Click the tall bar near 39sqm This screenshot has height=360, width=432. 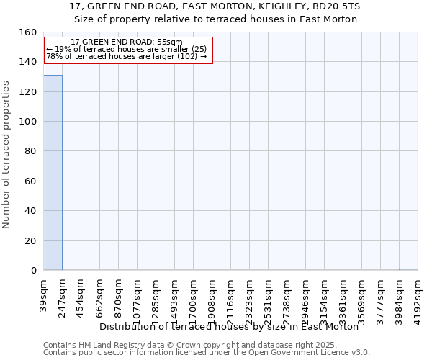pyautogui.click(x=53, y=173)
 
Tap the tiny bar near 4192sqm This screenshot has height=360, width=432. pyautogui.click(x=408, y=269)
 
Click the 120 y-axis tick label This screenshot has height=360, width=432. pyautogui.click(x=27, y=92)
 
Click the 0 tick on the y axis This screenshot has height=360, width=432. pyautogui.click(x=33, y=271)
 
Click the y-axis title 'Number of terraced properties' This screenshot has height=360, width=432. pyautogui.click(x=6, y=155)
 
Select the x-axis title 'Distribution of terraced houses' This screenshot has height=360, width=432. pyautogui.click(x=229, y=326)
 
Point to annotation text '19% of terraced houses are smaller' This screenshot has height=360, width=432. pyautogui.click(x=127, y=49)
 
